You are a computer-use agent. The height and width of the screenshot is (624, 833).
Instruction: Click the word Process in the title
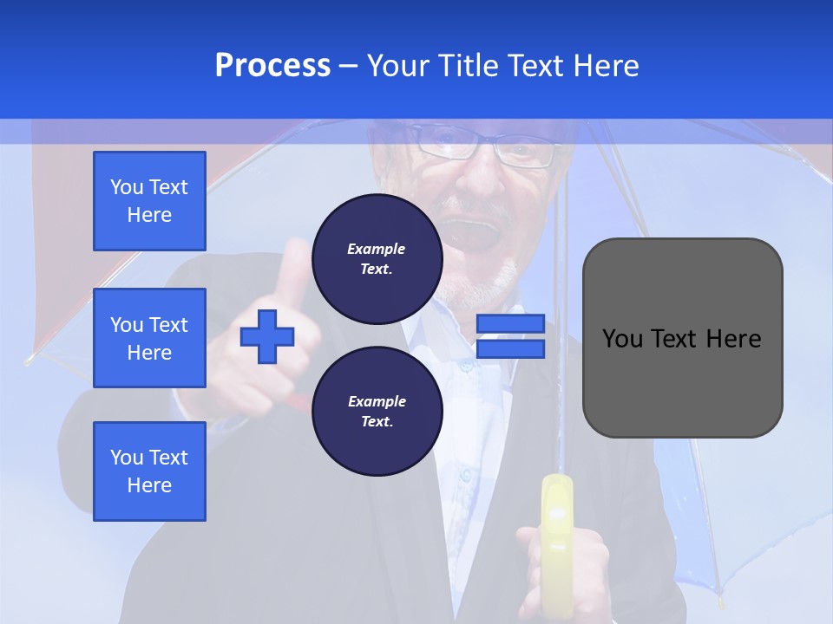click(272, 66)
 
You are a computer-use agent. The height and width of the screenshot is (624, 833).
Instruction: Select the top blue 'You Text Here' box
click(149, 201)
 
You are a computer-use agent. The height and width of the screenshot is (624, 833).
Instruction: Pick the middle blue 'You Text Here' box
click(149, 338)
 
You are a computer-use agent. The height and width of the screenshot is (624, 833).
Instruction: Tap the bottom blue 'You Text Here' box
click(149, 471)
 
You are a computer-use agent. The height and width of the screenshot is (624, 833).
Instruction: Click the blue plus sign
click(267, 336)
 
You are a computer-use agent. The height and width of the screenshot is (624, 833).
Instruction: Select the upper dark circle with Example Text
click(377, 258)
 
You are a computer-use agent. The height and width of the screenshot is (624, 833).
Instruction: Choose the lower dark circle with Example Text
click(377, 411)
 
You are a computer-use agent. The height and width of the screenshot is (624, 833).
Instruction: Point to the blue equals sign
click(510, 336)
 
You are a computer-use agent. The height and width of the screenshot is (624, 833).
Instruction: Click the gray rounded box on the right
click(682, 338)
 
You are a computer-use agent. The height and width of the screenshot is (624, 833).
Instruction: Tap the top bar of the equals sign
click(510, 323)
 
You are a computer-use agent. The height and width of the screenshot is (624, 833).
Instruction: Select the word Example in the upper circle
click(377, 249)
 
